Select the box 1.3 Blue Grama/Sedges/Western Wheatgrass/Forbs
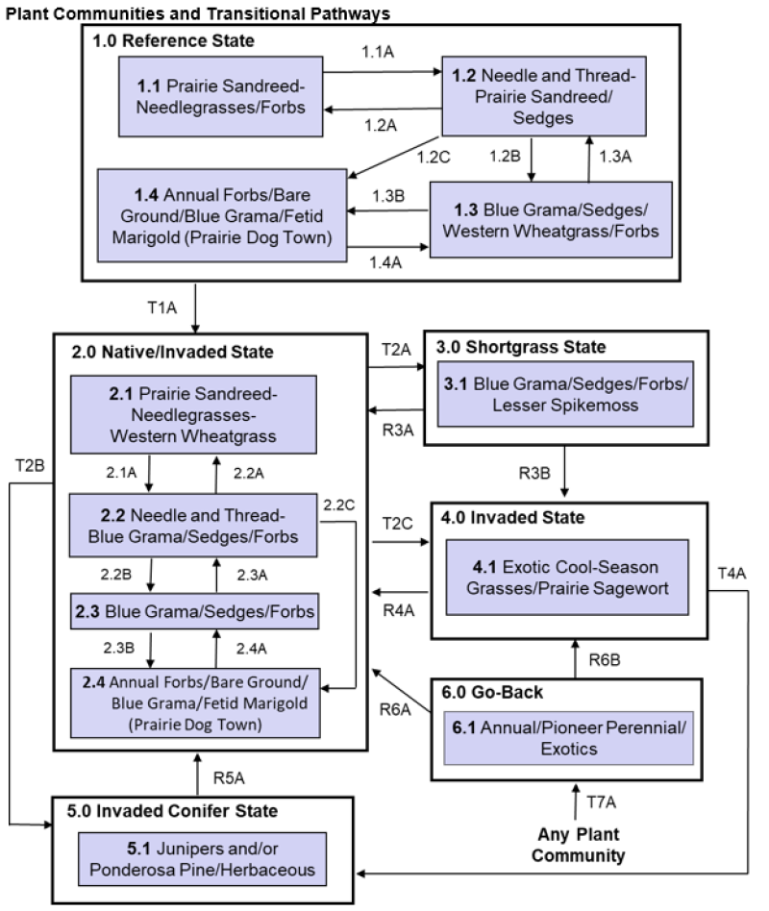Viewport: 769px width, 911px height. click(536, 222)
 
